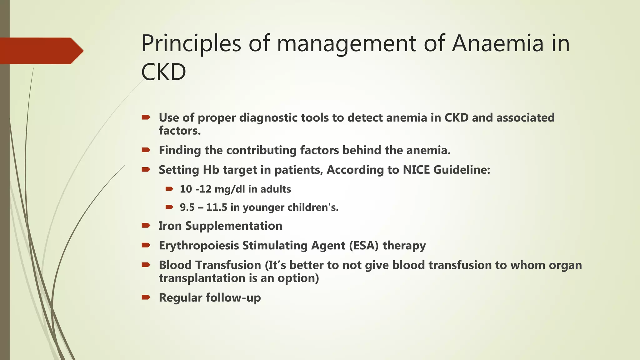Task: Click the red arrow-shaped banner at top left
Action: [x=41, y=51]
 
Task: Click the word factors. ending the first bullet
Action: [x=180, y=131]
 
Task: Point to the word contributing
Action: [x=261, y=150]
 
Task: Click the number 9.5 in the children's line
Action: [x=187, y=207]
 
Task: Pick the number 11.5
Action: [x=217, y=207]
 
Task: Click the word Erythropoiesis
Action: [x=199, y=246]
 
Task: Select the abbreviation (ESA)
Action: [x=363, y=246]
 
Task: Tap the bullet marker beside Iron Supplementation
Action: [x=146, y=226]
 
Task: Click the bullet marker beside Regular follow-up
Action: [x=146, y=297]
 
